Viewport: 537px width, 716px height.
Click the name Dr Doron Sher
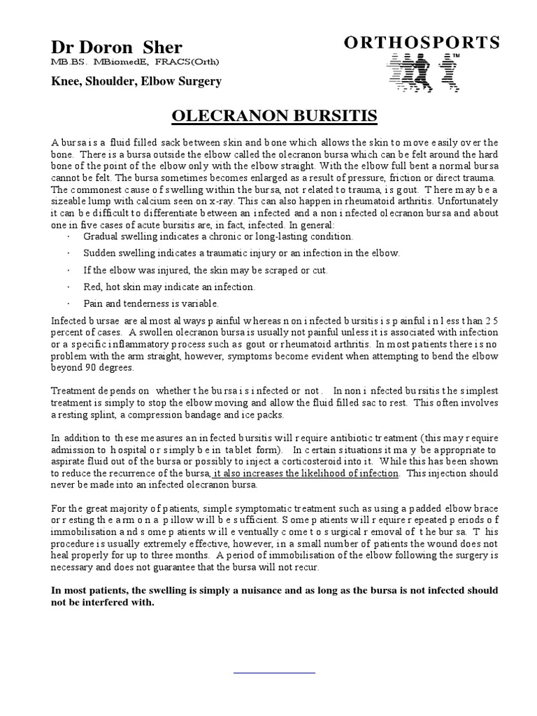pos(116,48)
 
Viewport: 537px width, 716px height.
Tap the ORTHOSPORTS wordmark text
pos(422,43)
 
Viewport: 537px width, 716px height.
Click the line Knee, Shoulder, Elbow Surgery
pos(136,81)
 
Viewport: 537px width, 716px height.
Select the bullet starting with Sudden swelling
pos(241,253)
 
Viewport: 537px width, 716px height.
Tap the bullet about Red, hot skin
pos(169,287)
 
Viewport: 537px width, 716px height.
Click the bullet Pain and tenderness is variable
pos(151,303)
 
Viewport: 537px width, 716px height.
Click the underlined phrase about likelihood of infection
pos(306,473)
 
